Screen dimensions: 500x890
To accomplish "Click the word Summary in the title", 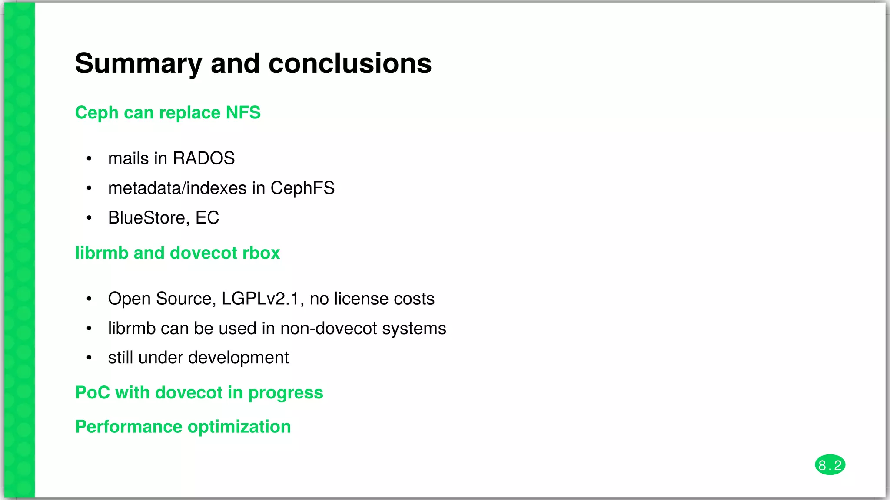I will click(138, 64).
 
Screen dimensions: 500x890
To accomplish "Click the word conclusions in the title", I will click(350, 64).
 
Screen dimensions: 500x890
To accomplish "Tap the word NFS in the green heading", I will click(243, 113).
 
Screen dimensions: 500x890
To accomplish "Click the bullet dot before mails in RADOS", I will click(89, 159).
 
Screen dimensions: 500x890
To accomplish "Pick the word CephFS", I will click(302, 188).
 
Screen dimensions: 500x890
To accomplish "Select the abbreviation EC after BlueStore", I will click(207, 218).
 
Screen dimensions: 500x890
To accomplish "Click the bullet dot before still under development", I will click(89, 358).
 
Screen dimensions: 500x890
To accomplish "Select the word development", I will click(238, 358).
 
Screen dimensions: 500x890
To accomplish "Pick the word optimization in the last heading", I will click(239, 427).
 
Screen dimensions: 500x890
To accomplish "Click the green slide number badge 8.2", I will click(830, 465).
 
